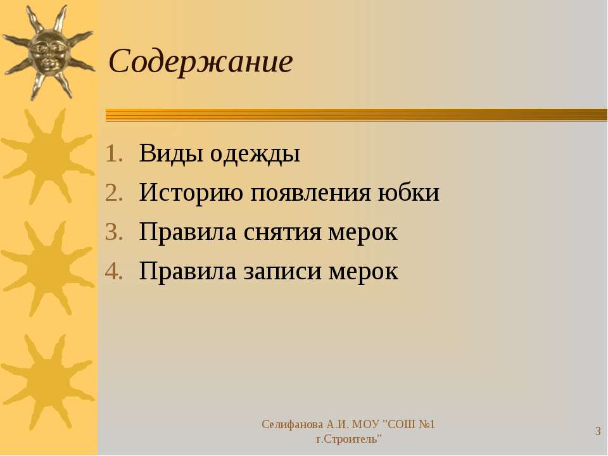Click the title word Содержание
pos(201,61)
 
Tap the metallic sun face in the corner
pos(48,53)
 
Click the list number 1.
pos(113,154)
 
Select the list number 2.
pos(113,193)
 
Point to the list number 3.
pos(113,232)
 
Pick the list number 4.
pos(113,272)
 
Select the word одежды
pos(255,154)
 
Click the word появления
pos(310,193)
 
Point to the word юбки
pos(408,191)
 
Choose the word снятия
pos(282,233)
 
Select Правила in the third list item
pos(187,232)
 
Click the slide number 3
pos(598,431)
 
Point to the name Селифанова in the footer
pos(293,424)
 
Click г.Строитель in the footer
pos(348,440)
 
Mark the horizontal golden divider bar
pos(357,115)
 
